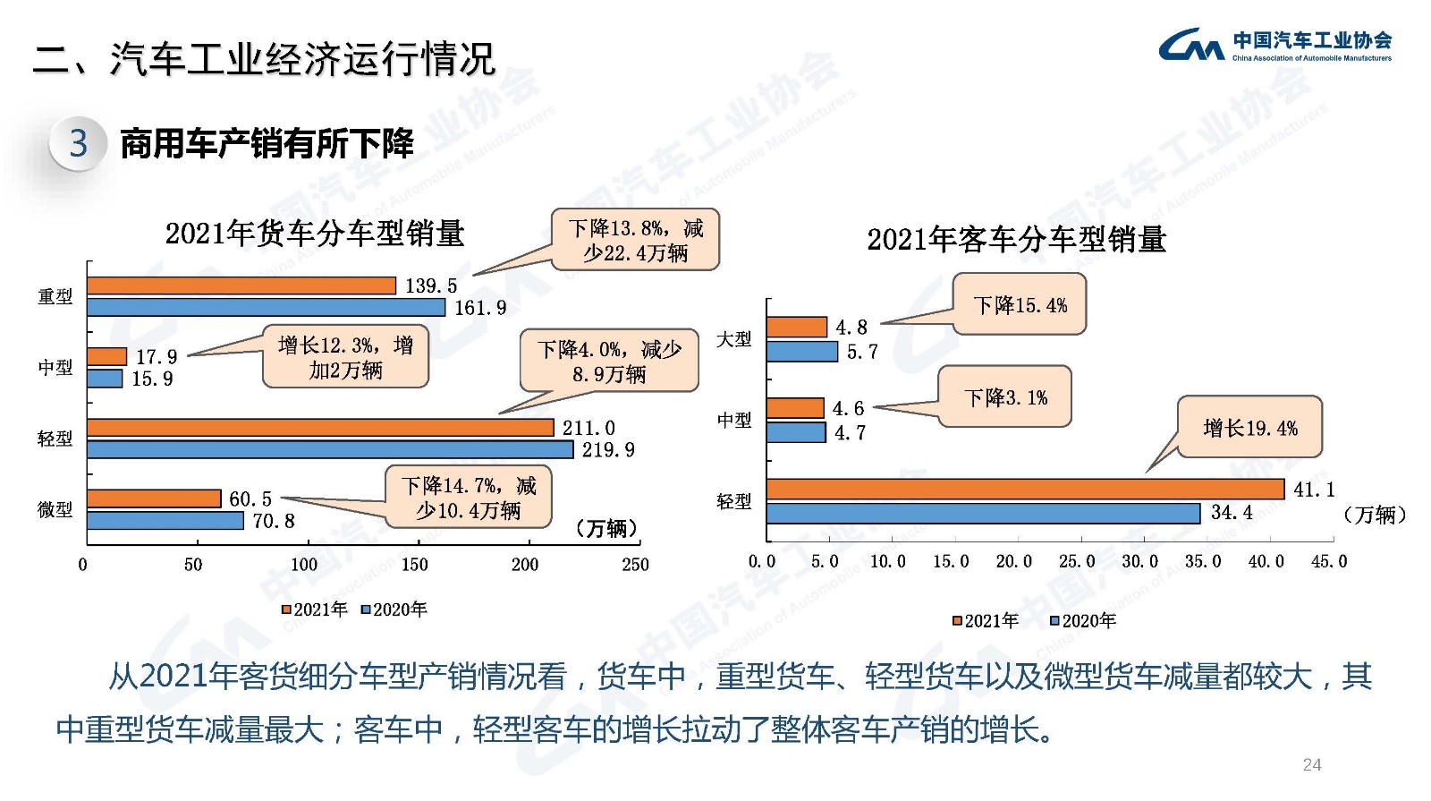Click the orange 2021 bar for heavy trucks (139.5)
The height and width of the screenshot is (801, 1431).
click(x=241, y=285)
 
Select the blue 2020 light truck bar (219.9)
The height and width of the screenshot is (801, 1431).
click(x=330, y=449)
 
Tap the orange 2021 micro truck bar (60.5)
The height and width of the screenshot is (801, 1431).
click(x=154, y=498)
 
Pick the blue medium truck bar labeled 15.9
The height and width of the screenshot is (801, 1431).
click(x=105, y=379)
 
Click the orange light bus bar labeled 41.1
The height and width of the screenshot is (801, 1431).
click(x=1025, y=489)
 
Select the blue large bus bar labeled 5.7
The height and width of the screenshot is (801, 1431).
click(x=801, y=352)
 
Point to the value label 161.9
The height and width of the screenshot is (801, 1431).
click(x=480, y=308)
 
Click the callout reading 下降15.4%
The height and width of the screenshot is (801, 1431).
click(x=1020, y=305)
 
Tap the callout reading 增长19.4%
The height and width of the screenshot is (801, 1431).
click(x=1249, y=428)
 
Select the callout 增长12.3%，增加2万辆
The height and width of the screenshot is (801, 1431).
click(x=345, y=357)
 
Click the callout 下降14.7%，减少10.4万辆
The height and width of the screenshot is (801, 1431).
click(x=468, y=498)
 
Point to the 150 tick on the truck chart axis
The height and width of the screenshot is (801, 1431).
click(x=414, y=565)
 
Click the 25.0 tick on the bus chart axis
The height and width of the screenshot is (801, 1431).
click(x=1077, y=561)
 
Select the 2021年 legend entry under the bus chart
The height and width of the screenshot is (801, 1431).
click(x=986, y=621)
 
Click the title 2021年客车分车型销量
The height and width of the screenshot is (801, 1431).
click(x=1016, y=240)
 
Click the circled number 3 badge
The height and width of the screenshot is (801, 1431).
click(x=79, y=143)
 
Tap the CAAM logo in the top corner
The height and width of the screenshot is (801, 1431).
click(x=1274, y=45)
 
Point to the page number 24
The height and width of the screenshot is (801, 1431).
click(x=1311, y=764)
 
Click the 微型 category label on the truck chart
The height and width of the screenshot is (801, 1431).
click(x=55, y=509)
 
